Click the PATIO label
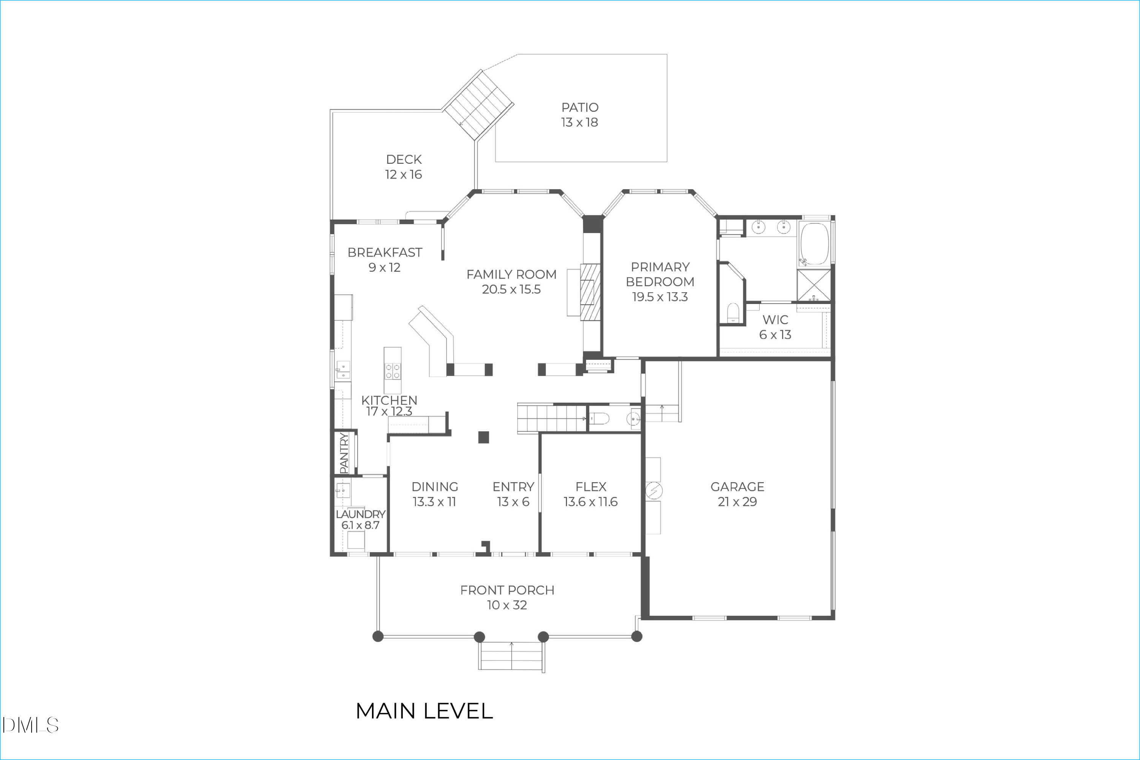pyautogui.click(x=580, y=108)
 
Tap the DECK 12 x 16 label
pyautogui.click(x=404, y=167)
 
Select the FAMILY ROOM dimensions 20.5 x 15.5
pyautogui.click(x=511, y=289)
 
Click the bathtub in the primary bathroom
pyautogui.click(x=815, y=244)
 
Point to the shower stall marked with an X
pyautogui.click(x=814, y=285)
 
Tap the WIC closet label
pyautogui.click(x=775, y=320)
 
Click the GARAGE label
pyautogui.click(x=737, y=487)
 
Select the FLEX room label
pyautogui.click(x=591, y=487)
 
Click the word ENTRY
pyautogui.click(x=513, y=487)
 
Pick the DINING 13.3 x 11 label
pyautogui.click(x=435, y=494)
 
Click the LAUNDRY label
pyautogui.click(x=361, y=514)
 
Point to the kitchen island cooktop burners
pyautogui.click(x=393, y=372)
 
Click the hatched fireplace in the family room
pyautogui.click(x=591, y=292)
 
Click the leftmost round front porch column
pyautogui.click(x=378, y=636)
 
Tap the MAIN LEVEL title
pyautogui.click(x=424, y=711)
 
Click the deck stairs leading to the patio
pyautogui.click(x=479, y=105)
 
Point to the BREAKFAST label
pyautogui.click(x=385, y=253)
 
